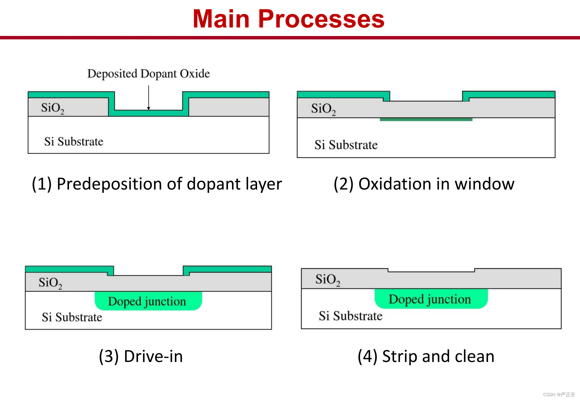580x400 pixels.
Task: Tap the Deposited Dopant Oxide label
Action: (x=149, y=74)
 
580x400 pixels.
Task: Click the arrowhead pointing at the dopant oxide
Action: (x=149, y=108)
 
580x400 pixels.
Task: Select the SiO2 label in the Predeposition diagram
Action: (x=53, y=108)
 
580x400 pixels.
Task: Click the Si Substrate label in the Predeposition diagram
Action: (x=74, y=141)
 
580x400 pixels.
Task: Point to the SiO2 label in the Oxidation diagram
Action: (x=323, y=109)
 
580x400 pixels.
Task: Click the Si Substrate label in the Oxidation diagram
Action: (x=346, y=145)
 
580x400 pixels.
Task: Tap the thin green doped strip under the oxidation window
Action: (x=426, y=119)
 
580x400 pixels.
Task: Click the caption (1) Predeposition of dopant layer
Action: (x=157, y=184)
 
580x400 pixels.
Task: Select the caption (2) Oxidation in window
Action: (x=424, y=184)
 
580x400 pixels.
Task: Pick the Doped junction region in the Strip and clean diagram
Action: (x=431, y=299)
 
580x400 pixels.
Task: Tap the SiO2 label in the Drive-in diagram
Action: (x=50, y=283)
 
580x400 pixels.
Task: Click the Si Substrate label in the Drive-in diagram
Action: (x=72, y=317)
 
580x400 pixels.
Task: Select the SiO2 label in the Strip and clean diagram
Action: (x=328, y=279)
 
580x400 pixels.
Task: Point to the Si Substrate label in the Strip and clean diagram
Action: (x=350, y=316)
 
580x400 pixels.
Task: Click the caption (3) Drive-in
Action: (x=141, y=356)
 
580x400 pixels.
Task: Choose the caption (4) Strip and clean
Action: (x=426, y=356)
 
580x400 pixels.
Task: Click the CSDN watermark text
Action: (x=559, y=395)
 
